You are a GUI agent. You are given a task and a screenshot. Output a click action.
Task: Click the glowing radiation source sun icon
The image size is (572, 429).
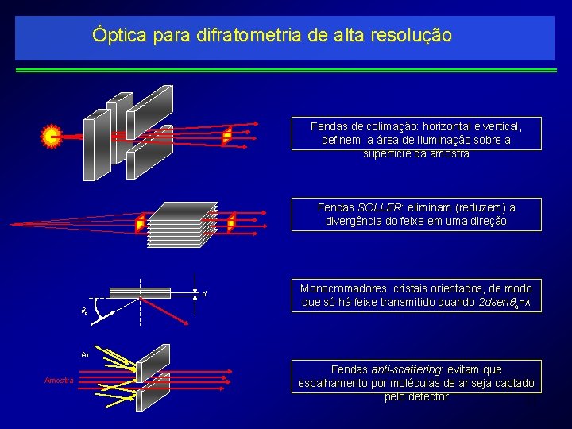[52, 137]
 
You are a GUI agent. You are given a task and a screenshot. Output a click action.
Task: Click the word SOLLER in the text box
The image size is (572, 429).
[379, 207]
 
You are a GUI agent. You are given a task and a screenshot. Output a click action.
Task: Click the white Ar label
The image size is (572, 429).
[84, 355]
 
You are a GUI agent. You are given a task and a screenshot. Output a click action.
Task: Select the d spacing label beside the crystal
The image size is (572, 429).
[204, 295]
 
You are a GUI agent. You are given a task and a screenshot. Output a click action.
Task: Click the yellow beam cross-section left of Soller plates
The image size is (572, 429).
[141, 223]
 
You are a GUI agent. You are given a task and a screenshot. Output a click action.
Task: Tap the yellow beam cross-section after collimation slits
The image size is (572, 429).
[226, 137]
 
